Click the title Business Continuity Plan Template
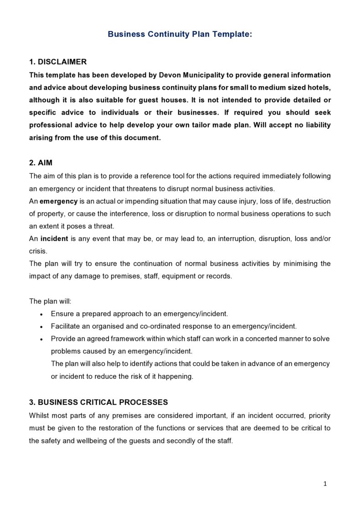tap(180, 34)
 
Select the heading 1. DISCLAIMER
tap(58, 62)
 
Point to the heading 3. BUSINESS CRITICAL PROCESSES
tap(98, 402)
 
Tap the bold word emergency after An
tap(58, 201)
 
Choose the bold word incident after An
tap(54, 239)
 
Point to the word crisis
tap(38, 251)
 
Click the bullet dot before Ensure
tap(41, 314)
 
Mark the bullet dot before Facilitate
tap(41, 327)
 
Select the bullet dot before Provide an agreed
tap(41, 339)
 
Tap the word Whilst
tap(39, 416)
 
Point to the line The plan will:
tap(50, 301)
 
